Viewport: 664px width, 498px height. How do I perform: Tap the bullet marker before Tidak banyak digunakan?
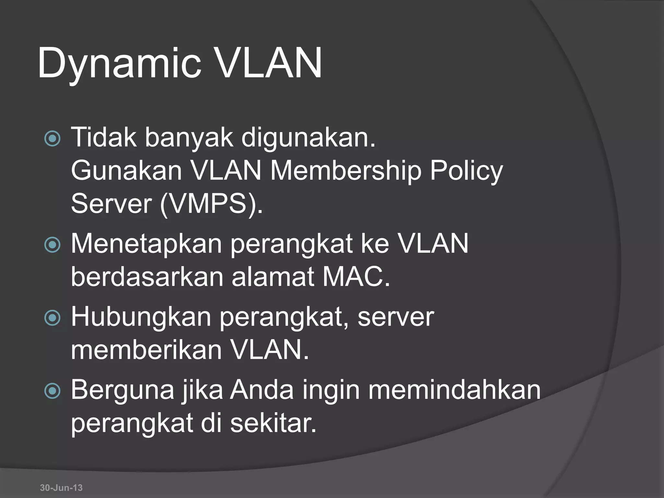pos(52,139)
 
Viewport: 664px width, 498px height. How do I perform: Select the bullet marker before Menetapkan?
pos(52,245)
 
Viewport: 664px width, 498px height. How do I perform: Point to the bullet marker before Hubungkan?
pos(52,318)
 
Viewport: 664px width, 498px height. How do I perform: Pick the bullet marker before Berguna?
pos(52,391)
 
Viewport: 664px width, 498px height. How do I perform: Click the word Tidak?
pos(104,137)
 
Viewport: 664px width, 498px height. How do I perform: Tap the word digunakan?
pos(308,137)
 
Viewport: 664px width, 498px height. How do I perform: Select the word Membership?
pos(346,171)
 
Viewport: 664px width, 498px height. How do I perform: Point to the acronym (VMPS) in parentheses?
pos(211,204)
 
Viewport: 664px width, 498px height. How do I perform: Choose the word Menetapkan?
pos(146,244)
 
